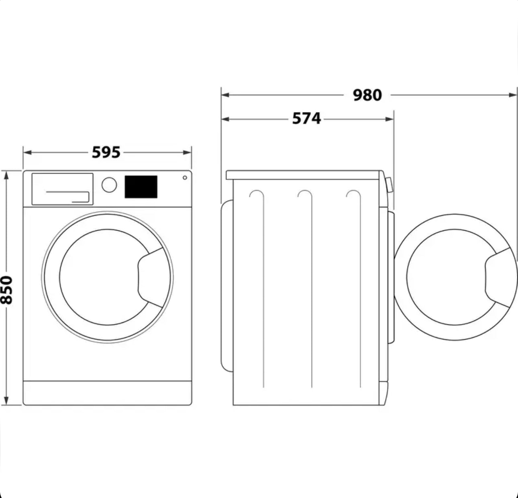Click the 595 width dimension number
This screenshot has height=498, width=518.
click(x=106, y=152)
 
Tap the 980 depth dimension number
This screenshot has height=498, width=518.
click(x=367, y=95)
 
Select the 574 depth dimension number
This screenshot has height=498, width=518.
click(x=306, y=119)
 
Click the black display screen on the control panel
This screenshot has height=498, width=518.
click(x=141, y=187)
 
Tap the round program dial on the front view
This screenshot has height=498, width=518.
click(x=109, y=185)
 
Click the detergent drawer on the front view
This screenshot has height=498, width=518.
click(x=62, y=189)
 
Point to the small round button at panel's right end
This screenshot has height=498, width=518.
click(x=185, y=178)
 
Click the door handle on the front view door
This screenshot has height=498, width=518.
click(x=151, y=277)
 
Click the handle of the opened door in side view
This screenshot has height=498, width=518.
click(x=498, y=277)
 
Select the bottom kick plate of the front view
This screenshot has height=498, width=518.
click(x=107, y=393)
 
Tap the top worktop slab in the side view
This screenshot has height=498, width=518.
click(x=303, y=175)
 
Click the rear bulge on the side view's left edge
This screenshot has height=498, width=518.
click(x=226, y=285)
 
